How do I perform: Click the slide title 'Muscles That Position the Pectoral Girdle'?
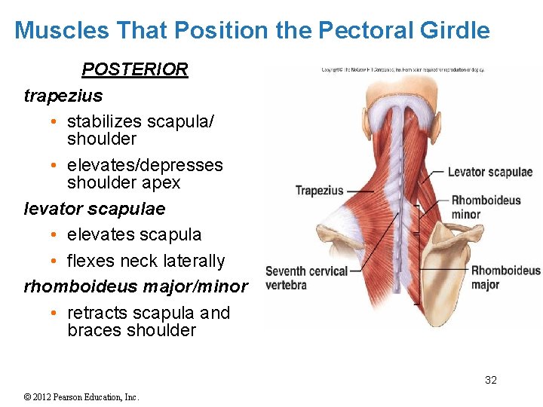(x=252, y=30)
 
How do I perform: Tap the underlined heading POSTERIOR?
(x=134, y=69)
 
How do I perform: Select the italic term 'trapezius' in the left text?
(x=63, y=96)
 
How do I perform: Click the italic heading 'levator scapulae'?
(x=94, y=208)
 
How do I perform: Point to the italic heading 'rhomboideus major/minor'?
(x=136, y=286)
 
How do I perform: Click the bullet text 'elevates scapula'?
(x=134, y=234)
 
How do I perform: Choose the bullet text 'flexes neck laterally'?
(x=146, y=261)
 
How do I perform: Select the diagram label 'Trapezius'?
(x=319, y=191)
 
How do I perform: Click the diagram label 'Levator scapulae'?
(x=489, y=172)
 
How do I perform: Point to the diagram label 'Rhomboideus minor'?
(x=486, y=207)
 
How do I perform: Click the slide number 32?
(x=490, y=380)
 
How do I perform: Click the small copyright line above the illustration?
(x=403, y=70)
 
